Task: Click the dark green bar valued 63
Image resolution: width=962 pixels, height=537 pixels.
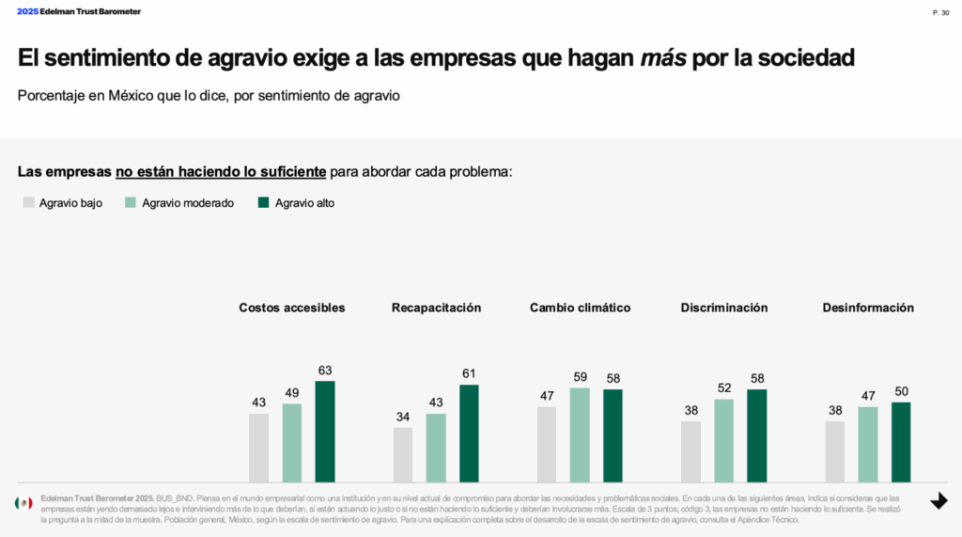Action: tap(325, 431)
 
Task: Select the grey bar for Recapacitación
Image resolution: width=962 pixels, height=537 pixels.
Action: tap(403, 454)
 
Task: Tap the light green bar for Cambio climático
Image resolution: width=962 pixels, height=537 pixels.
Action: tap(580, 434)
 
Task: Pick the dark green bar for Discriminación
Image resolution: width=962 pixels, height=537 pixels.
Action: tap(757, 435)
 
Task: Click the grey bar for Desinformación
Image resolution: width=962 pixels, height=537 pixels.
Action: tap(835, 451)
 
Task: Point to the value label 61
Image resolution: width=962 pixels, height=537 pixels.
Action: tap(469, 373)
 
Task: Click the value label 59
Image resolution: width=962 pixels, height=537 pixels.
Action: tap(580, 377)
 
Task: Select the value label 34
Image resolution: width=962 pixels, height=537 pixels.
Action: tap(403, 417)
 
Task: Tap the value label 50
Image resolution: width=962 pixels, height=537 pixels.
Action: tap(901, 391)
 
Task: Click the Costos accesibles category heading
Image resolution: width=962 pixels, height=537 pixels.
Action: tap(291, 308)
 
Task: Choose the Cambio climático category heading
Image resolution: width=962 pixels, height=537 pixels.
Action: tap(580, 308)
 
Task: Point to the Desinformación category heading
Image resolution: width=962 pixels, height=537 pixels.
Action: tap(868, 308)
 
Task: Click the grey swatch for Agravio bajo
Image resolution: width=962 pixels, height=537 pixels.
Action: tap(29, 202)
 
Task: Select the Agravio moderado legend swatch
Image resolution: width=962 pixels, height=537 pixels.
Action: tap(132, 202)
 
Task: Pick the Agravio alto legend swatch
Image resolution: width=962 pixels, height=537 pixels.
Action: tap(264, 202)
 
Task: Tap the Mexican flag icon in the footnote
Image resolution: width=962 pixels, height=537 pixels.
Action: tap(23, 503)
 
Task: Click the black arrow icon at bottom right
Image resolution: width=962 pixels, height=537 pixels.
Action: tap(939, 501)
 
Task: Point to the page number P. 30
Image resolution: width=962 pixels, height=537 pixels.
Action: tap(940, 12)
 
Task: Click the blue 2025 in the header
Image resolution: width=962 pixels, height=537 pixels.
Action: tap(27, 11)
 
